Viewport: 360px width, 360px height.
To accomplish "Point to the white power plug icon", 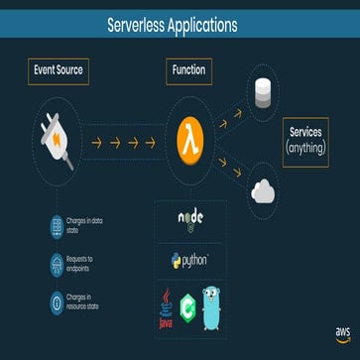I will tap(57, 139).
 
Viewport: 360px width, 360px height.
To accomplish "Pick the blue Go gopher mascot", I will tap(210, 305).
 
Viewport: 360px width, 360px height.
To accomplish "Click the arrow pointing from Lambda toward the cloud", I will tap(225, 165).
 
